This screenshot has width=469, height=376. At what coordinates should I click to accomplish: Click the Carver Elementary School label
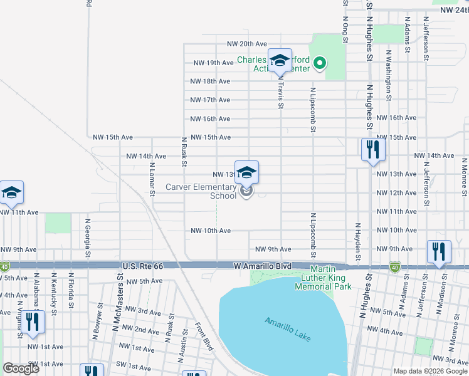201,191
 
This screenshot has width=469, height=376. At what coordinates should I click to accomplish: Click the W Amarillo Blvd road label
264,266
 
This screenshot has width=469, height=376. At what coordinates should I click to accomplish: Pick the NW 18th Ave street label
210,81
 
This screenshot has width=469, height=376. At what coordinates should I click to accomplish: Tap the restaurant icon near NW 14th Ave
373,149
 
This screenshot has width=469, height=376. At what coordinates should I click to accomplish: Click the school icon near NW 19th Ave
280,60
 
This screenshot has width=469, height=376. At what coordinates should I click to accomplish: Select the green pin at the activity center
319,62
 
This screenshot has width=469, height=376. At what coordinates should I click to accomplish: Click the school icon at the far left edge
11,192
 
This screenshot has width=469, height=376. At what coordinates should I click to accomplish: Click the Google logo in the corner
21,368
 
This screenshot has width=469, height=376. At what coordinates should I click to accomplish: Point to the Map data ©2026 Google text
429,371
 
